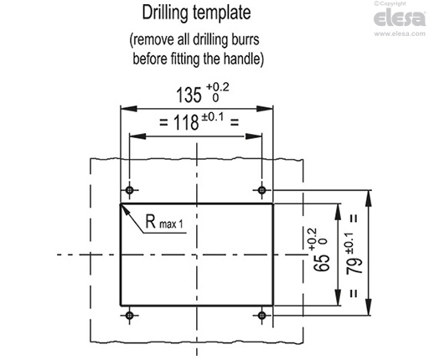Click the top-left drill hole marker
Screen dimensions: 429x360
click(x=129, y=190)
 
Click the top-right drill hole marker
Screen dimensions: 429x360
click(x=261, y=190)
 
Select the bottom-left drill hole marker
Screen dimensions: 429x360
click(x=129, y=316)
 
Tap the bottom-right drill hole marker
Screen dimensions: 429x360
click(x=261, y=316)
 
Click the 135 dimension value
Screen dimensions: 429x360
click(x=189, y=95)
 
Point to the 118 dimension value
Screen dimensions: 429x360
click(x=186, y=122)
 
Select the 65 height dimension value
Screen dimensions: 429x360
click(x=322, y=262)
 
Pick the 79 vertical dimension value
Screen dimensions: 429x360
click(x=354, y=265)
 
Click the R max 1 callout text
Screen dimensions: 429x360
click(x=164, y=222)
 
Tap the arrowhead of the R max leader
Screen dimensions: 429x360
click(x=125, y=209)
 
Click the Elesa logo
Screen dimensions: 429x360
click(x=400, y=18)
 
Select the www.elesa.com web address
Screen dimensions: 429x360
click(x=400, y=33)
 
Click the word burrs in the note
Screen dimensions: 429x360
click(x=246, y=39)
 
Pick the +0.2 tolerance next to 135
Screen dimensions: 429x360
click(x=218, y=87)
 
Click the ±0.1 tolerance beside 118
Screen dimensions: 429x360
click(x=213, y=117)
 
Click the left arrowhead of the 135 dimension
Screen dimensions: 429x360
click(x=128, y=109)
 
